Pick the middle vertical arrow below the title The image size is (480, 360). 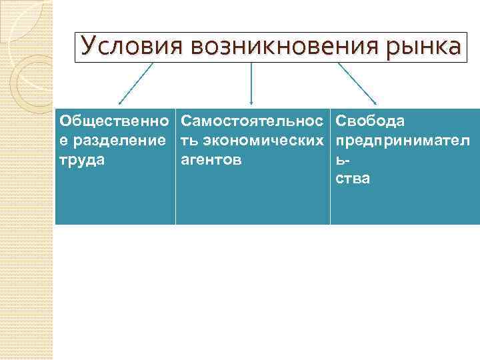coord(251,83)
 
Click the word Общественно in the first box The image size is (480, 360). coord(114,121)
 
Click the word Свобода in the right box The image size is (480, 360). coord(369,121)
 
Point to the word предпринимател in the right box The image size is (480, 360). coord(403,141)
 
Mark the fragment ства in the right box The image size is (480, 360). coord(353,179)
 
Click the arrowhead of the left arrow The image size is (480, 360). coord(121,103)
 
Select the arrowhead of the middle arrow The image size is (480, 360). coord(251,103)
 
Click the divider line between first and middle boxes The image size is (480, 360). coord(176,167)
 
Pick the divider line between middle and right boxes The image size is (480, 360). coord(330,167)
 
